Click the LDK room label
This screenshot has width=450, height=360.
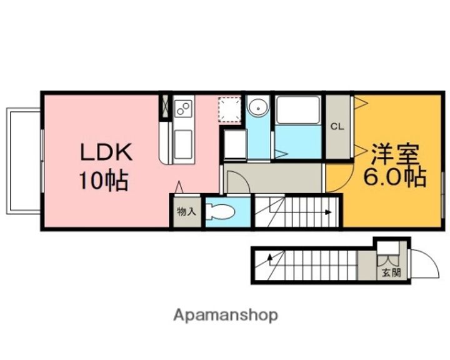pyautogui.click(x=106, y=152)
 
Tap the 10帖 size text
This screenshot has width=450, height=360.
pyautogui.click(x=104, y=181)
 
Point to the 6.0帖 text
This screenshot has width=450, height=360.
pyautogui.click(x=394, y=176)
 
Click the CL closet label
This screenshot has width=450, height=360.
pyautogui.click(x=337, y=127)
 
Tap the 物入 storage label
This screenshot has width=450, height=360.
pyautogui.click(x=186, y=212)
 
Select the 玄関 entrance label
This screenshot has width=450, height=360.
pyautogui.click(x=391, y=272)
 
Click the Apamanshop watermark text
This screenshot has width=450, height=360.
pyautogui.click(x=226, y=316)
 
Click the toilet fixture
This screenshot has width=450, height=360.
pyautogui.click(x=221, y=212)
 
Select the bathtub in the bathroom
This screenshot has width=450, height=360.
pyautogui.click(x=297, y=110)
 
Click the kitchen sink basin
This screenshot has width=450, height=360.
pyautogui.click(x=182, y=144)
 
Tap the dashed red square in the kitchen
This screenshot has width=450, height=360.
pyautogui.click(x=229, y=109)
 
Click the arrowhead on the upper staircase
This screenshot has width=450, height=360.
pyautogui.click(x=329, y=212)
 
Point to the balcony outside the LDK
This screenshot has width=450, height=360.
pyautogui.click(x=24, y=161)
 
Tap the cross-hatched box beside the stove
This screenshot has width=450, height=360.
pyautogui.click(x=166, y=106)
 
